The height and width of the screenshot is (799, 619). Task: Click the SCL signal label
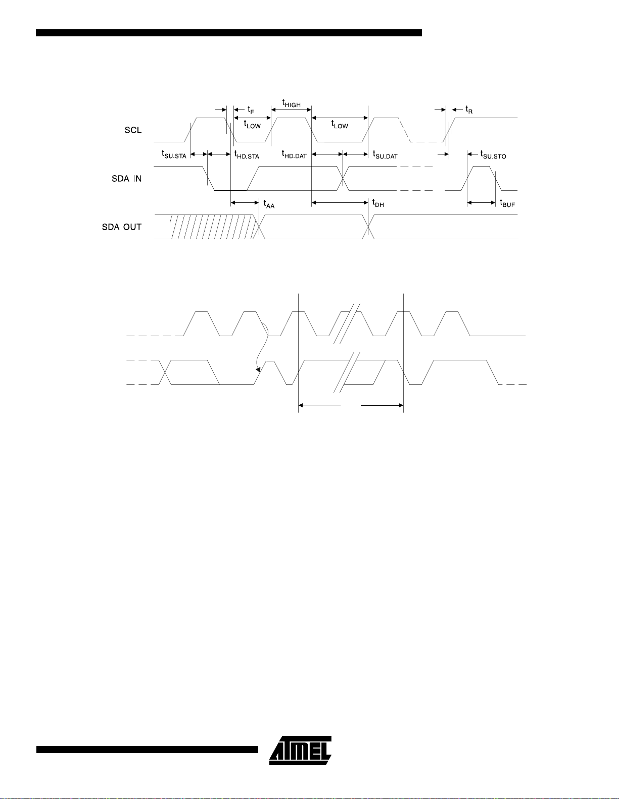(133, 130)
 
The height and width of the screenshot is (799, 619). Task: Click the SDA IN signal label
(127, 179)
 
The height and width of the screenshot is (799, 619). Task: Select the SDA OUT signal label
(122, 227)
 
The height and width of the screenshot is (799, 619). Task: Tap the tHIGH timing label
(291, 103)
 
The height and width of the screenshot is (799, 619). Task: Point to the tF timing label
(251, 110)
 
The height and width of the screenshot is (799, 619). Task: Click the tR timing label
(469, 110)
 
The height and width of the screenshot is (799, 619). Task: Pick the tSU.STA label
(174, 154)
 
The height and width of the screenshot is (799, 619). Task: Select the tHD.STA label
(247, 154)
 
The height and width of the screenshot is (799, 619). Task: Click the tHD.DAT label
(294, 154)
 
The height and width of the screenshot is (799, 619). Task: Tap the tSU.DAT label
(385, 154)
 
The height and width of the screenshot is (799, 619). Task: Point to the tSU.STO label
(493, 154)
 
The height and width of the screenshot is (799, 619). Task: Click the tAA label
(269, 204)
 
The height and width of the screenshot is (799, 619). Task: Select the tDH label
(378, 203)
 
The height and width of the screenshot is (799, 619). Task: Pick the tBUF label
(507, 203)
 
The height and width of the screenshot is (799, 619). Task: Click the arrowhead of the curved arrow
(258, 369)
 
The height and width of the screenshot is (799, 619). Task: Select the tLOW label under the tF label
(252, 125)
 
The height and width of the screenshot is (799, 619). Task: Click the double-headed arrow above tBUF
(482, 202)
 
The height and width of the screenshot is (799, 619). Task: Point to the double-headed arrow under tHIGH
(291, 110)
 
